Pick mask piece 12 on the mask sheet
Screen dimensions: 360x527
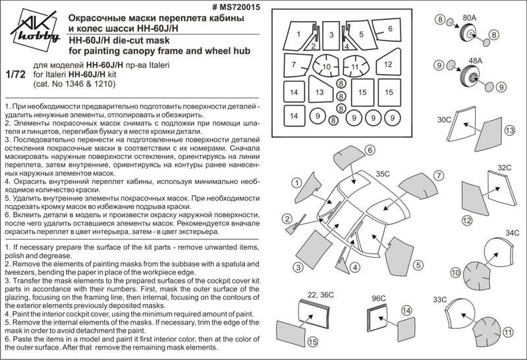coord(387,65)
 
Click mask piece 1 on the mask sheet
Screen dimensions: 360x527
coord(298,34)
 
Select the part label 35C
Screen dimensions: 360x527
coord(384,174)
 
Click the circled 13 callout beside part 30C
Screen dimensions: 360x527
coord(509,132)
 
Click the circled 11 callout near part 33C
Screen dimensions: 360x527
coord(507,334)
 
